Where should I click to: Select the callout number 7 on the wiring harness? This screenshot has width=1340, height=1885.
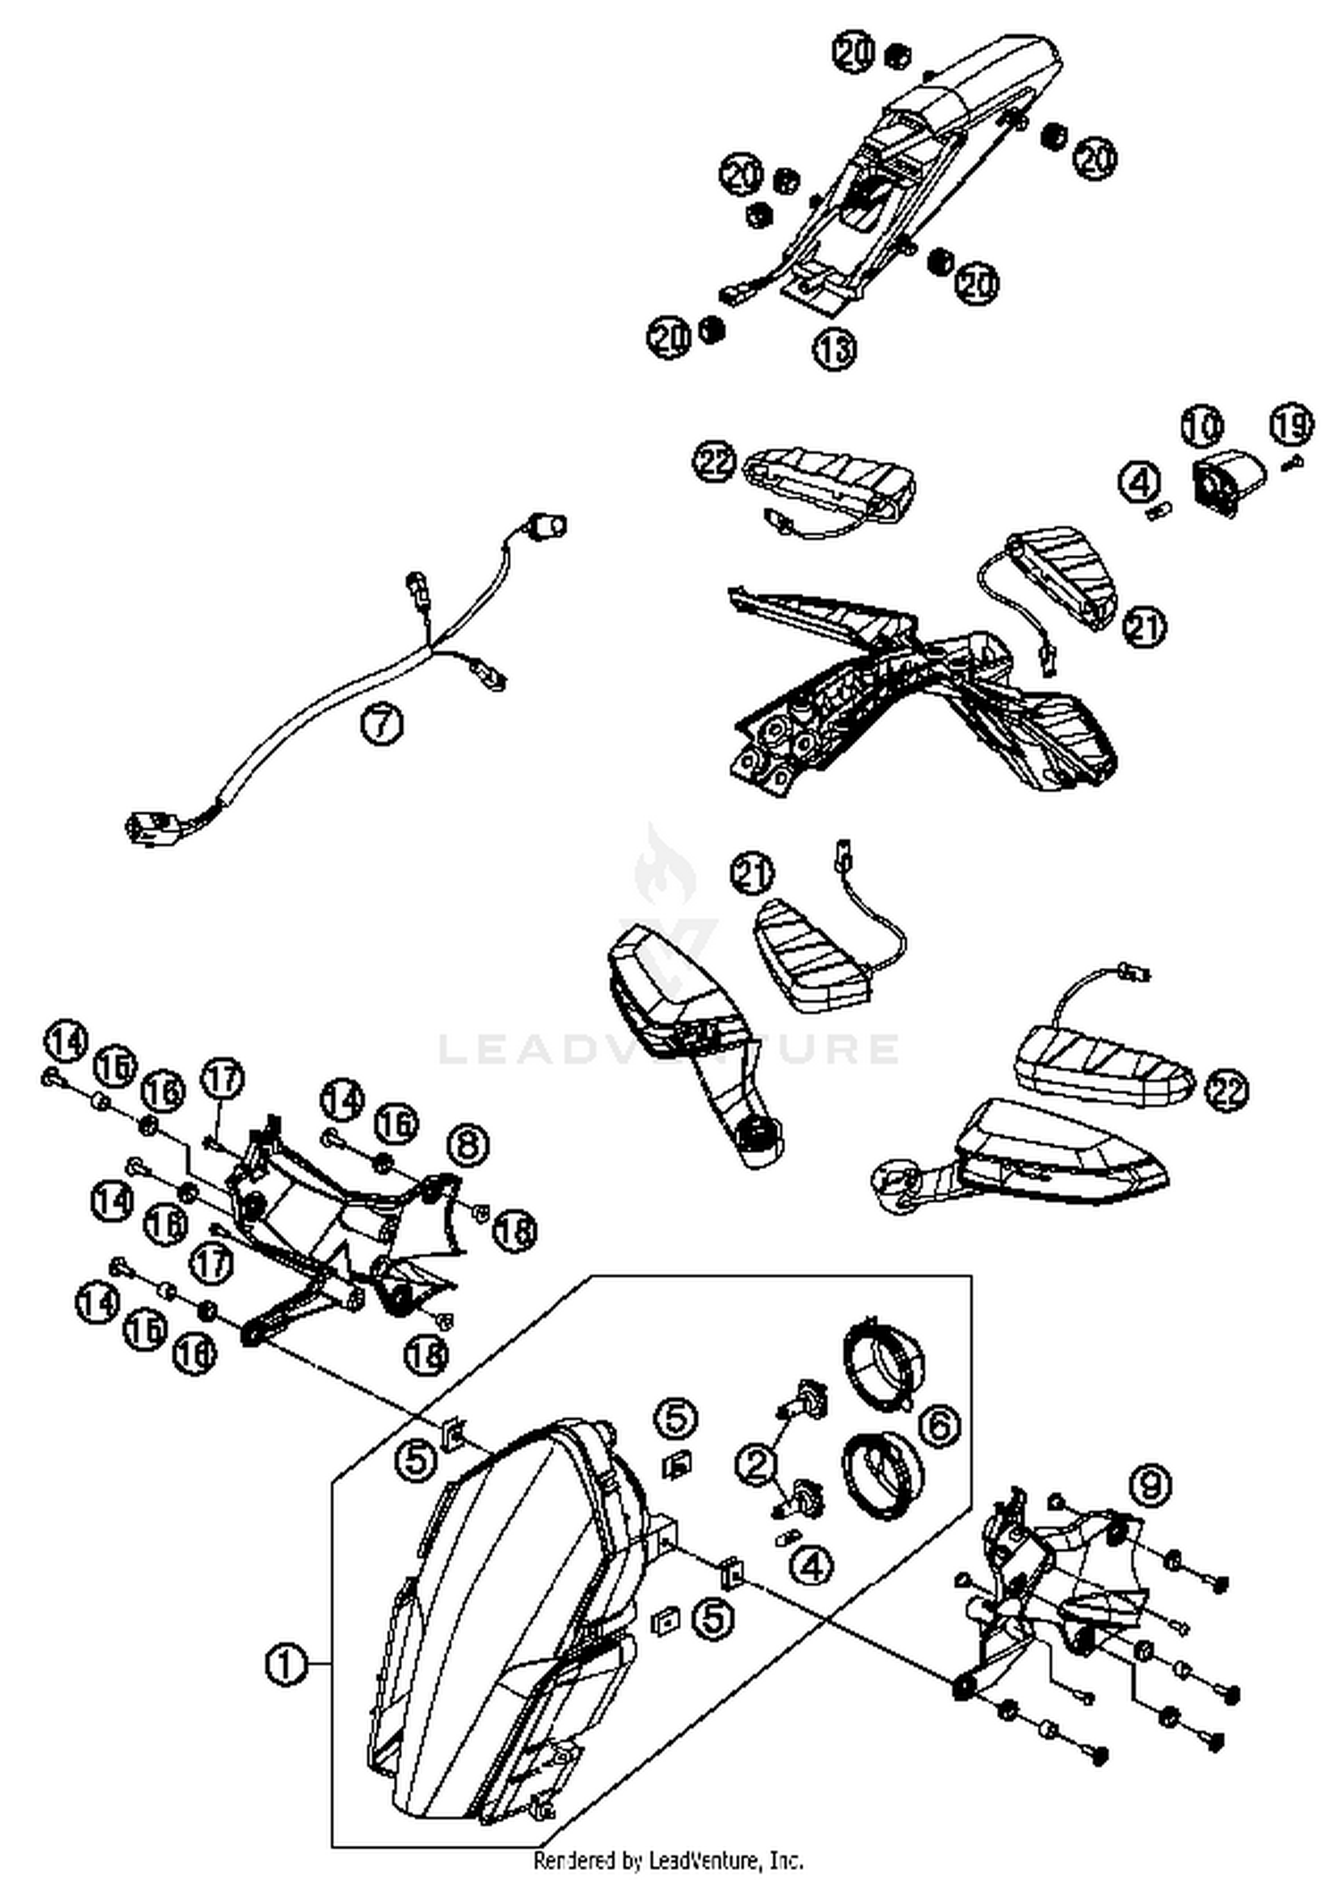(x=381, y=723)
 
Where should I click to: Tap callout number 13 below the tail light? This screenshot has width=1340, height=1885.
(x=833, y=349)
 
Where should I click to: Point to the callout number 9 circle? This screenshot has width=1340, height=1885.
(x=1150, y=1485)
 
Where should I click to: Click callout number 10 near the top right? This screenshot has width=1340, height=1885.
(x=1202, y=426)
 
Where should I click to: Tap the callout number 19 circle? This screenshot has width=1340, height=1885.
(x=1293, y=425)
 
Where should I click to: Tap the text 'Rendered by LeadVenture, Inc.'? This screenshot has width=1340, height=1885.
(x=668, y=1860)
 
